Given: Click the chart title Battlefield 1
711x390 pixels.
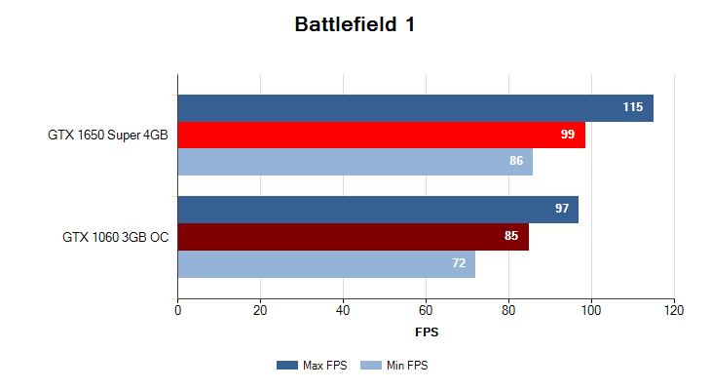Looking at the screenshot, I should click(x=355, y=25).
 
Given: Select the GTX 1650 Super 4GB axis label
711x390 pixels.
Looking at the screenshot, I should click(x=107, y=135).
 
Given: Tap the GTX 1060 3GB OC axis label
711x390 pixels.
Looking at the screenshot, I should click(x=114, y=237).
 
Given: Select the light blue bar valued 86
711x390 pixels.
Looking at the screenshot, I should click(x=355, y=161).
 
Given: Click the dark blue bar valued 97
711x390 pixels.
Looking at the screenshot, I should click(x=377, y=210).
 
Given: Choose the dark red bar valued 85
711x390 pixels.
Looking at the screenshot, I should click(x=353, y=237).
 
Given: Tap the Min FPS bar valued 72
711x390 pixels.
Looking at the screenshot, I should click(x=326, y=263).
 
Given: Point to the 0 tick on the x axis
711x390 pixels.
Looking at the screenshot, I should click(x=177, y=310).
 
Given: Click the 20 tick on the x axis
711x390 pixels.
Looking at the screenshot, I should click(x=260, y=310).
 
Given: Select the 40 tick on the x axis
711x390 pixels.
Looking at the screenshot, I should click(x=343, y=310).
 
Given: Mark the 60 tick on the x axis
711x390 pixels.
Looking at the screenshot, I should click(x=426, y=310).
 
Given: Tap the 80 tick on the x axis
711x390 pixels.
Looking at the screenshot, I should click(x=508, y=310).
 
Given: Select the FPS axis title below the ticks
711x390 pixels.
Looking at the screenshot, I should click(x=427, y=332).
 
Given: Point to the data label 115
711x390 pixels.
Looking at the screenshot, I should click(x=633, y=107).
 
